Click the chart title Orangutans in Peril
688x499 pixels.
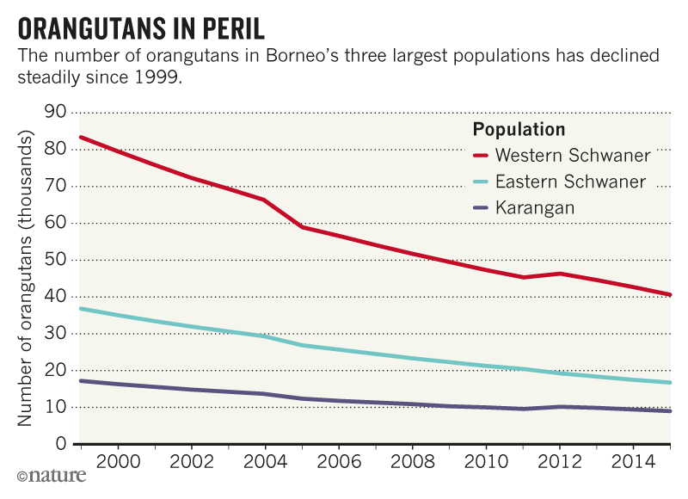pos(142,28)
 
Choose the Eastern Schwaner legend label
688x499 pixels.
pos(571,182)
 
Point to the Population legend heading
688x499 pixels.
pos(519,130)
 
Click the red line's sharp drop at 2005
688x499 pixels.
pos(301,227)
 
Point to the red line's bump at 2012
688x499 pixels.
pos(560,274)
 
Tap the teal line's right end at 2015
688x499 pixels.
pos(670,383)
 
